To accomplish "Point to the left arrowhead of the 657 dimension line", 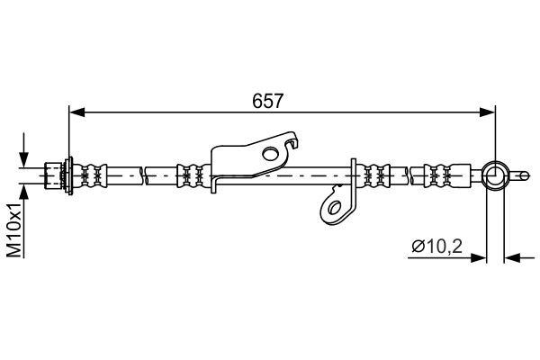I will [76, 112].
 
